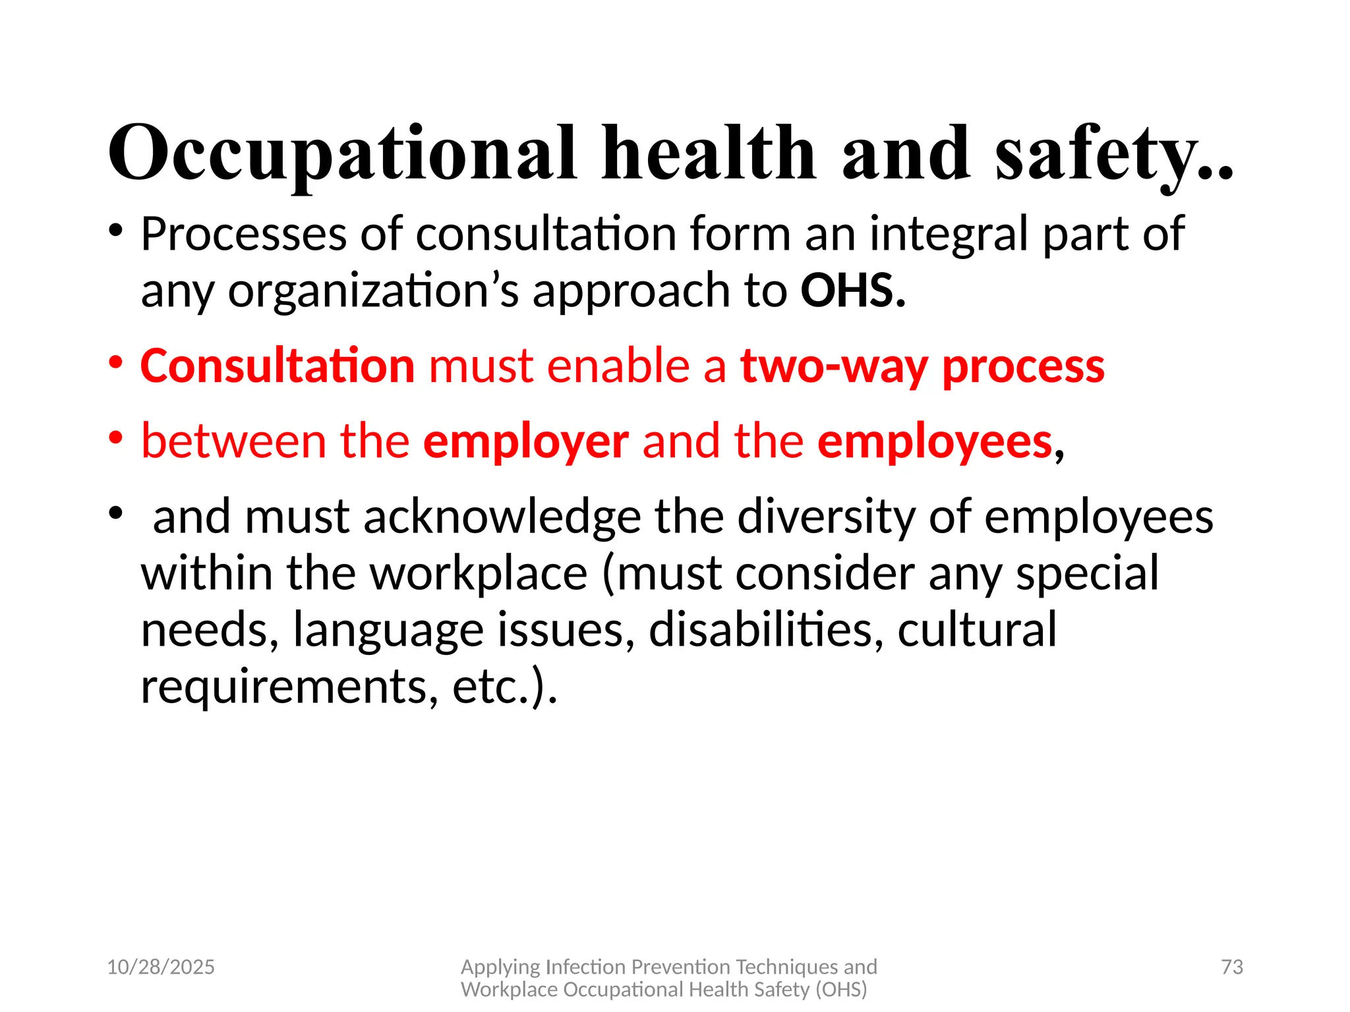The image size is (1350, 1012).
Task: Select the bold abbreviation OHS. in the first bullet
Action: coord(853,291)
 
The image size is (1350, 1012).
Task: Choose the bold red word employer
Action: coord(525,441)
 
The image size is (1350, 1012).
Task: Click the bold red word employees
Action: coord(935,441)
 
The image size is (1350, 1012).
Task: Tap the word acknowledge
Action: coord(502,517)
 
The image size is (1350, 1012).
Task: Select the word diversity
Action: coord(826,517)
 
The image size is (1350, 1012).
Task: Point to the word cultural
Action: coord(977,630)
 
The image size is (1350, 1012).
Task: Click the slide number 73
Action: coord(1231,967)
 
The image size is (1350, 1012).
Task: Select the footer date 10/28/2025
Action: coord(161,967)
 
